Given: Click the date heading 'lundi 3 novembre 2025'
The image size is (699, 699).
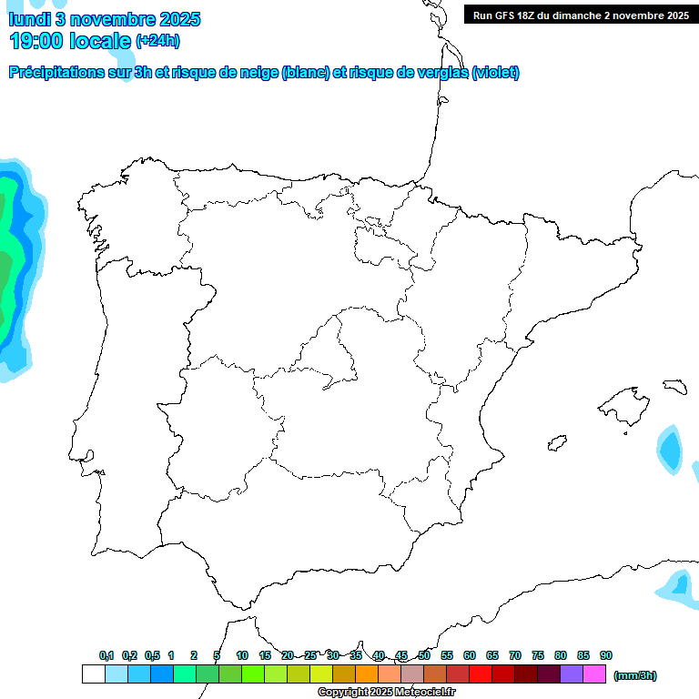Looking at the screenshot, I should (x=105, y=19).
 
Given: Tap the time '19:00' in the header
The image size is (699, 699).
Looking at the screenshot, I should (x=36, y=40).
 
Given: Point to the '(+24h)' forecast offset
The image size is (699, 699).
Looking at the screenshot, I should (x=157, y=40).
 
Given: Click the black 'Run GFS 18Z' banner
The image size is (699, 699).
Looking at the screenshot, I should (x=577, y=15).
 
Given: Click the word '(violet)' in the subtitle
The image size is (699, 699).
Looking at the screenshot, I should (x=495, y=73).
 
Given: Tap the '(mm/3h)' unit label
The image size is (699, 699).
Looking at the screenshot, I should (x=635, y=675).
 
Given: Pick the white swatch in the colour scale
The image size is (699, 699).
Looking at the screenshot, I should (x=93, y=674).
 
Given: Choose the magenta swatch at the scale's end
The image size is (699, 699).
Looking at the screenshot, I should (x=594, y=674).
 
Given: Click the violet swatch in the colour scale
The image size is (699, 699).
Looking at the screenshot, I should (x=572, y=674).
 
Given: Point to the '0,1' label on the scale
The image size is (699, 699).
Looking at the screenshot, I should (x=106, y=655).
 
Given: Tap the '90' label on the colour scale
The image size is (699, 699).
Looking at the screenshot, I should (x=606, y=655).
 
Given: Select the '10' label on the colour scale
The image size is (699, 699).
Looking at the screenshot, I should (x=242, y=655).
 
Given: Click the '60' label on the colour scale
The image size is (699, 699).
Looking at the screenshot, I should (x=470, y=655).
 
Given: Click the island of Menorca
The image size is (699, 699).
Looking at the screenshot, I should (x=674, y=387).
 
